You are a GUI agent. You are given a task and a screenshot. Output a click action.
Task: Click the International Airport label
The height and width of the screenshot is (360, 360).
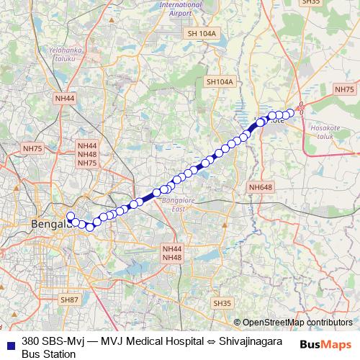point(181,8)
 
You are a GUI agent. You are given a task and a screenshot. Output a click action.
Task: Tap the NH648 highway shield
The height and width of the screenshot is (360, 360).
point(261,187)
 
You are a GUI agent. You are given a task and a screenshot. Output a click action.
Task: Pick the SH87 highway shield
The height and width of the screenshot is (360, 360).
point(69,300)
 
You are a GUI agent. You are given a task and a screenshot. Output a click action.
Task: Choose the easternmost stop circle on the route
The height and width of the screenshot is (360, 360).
point(291,112)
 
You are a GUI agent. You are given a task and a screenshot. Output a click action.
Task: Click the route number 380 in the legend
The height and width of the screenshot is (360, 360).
point(30,341)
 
